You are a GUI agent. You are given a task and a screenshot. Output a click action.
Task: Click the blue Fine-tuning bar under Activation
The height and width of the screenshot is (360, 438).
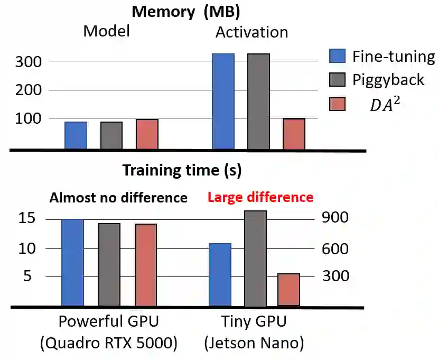(223, 101)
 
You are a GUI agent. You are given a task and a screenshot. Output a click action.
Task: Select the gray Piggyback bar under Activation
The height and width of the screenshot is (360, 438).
(258, 101)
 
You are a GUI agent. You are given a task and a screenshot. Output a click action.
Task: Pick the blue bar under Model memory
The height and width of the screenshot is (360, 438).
(76, 135)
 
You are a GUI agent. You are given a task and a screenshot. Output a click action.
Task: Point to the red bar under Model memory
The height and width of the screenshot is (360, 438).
(147, 134)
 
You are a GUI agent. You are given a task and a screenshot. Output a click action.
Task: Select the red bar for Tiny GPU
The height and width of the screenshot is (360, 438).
(288, 289)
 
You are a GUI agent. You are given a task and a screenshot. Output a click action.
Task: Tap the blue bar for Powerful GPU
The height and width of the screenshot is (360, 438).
(73, 262)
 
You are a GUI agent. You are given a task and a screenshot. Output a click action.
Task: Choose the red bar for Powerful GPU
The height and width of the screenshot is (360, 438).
(145, 265)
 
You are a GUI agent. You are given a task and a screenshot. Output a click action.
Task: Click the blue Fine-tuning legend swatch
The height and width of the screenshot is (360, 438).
(337, 56)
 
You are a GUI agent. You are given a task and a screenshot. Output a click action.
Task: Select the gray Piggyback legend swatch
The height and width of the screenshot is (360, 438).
(337, 79)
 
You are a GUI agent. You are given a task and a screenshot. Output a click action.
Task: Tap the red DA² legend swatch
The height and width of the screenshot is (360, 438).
(337, 104)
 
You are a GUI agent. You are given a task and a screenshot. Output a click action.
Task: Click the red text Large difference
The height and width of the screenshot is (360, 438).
(260, 197)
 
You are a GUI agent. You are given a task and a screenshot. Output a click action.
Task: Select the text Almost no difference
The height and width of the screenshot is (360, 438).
(118, 198)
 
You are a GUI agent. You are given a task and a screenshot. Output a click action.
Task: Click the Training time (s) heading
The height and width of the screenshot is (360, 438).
(182, 170)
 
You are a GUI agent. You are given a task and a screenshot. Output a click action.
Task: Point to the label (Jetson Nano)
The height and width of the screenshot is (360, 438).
(254, 344)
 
